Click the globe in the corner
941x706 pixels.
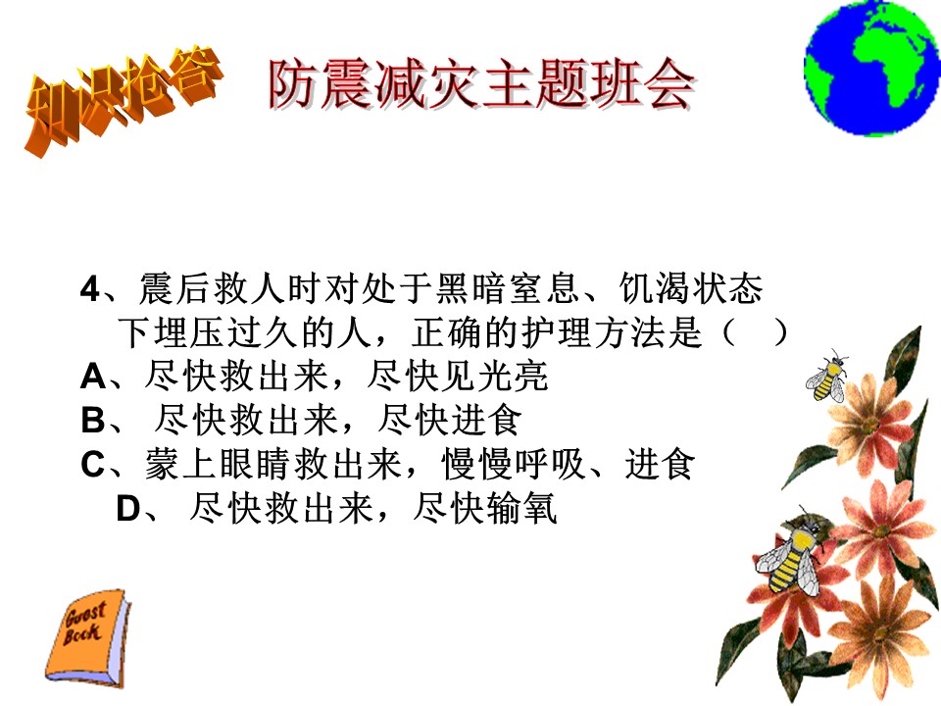pos(872,68)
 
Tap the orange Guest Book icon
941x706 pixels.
pos(88,637)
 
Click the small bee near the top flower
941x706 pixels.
pos(827,376)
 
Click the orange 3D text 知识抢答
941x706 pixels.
pos(124,99)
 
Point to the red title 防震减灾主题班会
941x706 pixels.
pos(482,84)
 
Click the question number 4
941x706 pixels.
pos(89,288)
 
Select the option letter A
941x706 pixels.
pos(93,377)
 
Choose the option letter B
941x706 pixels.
pos(93,421)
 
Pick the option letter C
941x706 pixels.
pos(94,464)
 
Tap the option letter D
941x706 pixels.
pos(128,509)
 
